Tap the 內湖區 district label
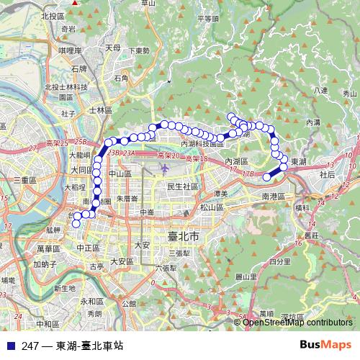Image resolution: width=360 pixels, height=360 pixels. pos(238,161)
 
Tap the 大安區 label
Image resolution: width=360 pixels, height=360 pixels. pos(122,261)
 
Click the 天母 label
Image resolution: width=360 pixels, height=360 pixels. pos(113,48)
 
